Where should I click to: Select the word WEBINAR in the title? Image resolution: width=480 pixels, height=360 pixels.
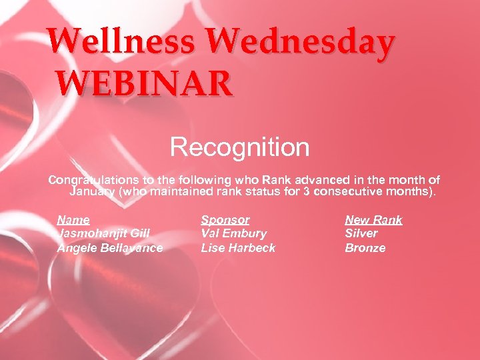click(145, 85)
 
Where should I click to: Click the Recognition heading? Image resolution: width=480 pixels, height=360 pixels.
click(239, 147)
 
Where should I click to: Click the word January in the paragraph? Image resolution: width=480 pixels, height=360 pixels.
click(93, 193)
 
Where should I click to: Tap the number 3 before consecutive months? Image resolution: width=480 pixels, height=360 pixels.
click(304, 193)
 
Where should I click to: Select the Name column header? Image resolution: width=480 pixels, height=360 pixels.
click(73, 219)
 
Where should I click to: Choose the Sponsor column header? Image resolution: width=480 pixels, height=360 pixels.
click(225, 219)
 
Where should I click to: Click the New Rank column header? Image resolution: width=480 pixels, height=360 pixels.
click(373, 219)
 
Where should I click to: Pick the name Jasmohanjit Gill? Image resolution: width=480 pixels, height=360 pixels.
click(103, 233)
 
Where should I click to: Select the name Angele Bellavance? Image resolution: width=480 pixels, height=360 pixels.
click(110, 248)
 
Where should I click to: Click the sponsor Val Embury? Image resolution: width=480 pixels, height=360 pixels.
click(234, 233)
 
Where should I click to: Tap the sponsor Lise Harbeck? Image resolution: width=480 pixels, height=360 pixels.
click(238, 248)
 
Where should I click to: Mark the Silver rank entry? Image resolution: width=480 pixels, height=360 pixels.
click(361, 233)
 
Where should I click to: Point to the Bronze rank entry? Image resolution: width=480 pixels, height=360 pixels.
click(365, 248)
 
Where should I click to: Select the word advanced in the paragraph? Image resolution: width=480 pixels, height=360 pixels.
click(315, 180)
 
